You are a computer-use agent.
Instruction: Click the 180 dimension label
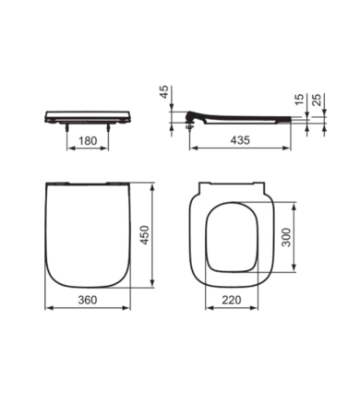(x=88, y=141)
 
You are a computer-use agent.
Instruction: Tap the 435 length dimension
(x=240, y=140)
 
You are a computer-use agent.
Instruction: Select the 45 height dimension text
(x=164, y=92)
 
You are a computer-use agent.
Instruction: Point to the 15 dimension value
(x=299, y=100)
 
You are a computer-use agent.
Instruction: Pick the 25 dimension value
(x=317, y=100)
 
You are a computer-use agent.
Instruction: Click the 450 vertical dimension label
(x=144, y=235)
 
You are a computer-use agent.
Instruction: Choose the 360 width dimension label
(x=88, y=300)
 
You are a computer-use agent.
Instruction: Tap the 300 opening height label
(x=286, y=237)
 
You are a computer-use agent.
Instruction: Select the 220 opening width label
(x=232, y=300)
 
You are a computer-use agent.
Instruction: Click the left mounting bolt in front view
(x=67, y=128)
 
